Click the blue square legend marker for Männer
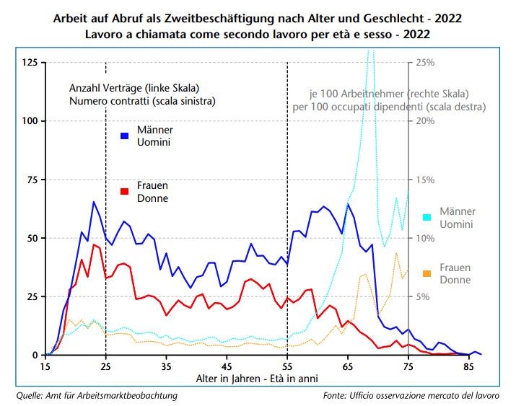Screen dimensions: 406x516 coord(125,135)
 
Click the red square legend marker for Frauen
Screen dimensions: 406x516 coord(125,191)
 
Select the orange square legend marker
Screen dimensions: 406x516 coord(427,273)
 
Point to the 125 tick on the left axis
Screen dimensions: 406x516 coord(30,62)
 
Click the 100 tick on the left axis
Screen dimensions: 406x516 coord(30,120)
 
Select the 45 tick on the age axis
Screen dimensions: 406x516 coord(227,366)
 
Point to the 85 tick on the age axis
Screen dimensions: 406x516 coord(469,366)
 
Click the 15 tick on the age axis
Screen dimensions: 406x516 coord(45,366)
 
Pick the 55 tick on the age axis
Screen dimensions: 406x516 coord(288,366)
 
